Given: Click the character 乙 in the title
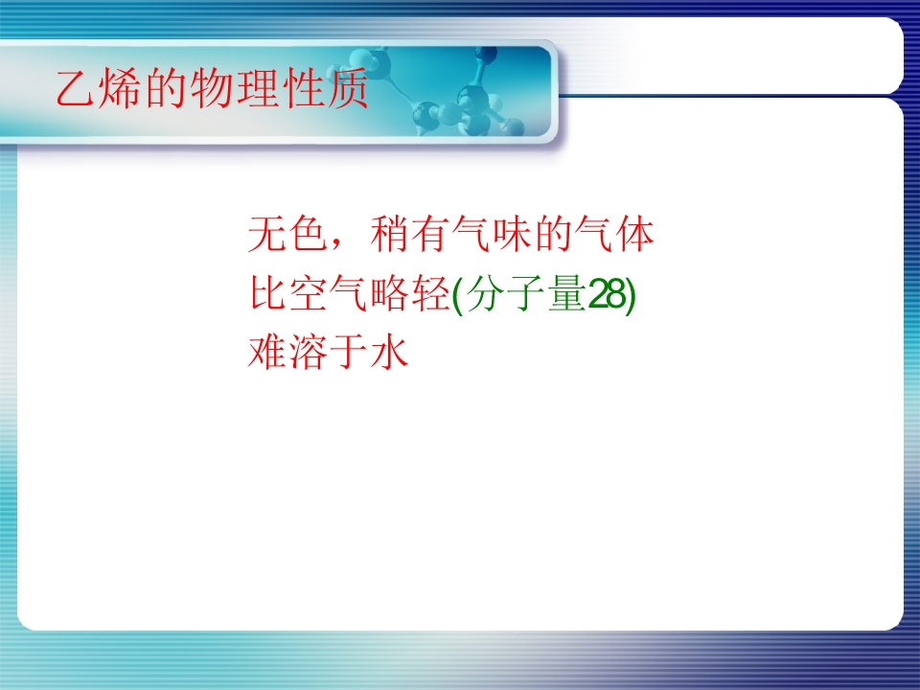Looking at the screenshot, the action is [x=76, y=88].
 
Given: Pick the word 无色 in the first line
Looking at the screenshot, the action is [x=287, y=234].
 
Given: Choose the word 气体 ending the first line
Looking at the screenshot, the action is [x=613, y=234].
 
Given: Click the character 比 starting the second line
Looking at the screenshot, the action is [x=267, y=293].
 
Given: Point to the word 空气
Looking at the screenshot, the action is [x=328, y=293].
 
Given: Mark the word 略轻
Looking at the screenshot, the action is [x=409, y=293].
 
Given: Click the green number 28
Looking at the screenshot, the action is [x=606, y=294].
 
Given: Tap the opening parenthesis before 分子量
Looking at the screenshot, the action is [x=458, y=295].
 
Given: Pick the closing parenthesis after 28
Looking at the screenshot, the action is [x=631, y=295].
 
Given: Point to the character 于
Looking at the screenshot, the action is [x=348, y=352].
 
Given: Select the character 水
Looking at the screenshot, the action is [x=388, y=352].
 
